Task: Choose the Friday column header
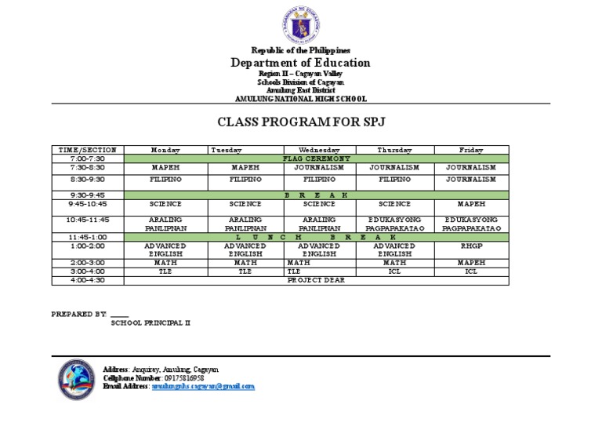pos(470,150)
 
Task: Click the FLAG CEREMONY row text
pos(316,158)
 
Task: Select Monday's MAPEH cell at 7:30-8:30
pos(165,167)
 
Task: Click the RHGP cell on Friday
pos(470,246)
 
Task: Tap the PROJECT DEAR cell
pos(316,279)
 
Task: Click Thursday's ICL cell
pos(394,271)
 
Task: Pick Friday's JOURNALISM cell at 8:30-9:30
pos(470,179)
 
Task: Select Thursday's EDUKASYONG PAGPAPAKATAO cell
pos(394,224)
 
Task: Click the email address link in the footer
pos(203,387)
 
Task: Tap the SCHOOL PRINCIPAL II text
pos(150,322)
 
